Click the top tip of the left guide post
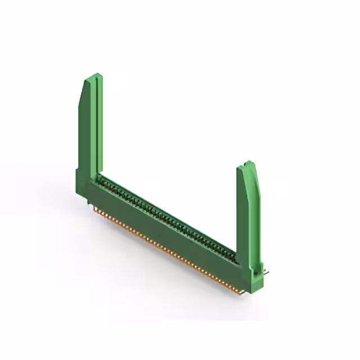coord(95,75)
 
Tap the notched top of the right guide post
coord(248,164)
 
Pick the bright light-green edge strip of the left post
coord(100,124)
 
